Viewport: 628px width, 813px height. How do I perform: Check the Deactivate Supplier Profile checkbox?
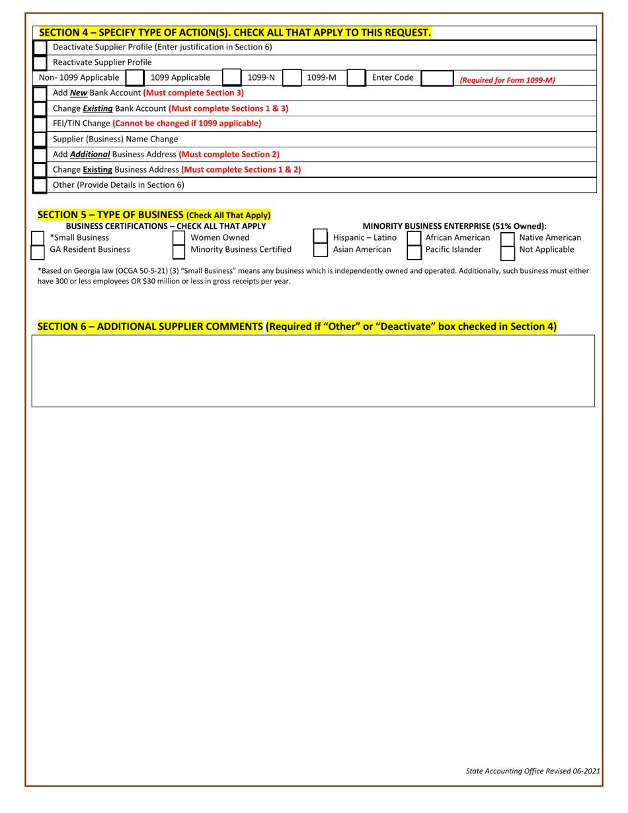[x=40, y=48]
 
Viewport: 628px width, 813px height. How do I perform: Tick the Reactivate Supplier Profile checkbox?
[x=40, y=63]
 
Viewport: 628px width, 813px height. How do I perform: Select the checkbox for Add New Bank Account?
[x=40, y=93]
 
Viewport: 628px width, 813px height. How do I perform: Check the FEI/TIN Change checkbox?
[x=40, y=124]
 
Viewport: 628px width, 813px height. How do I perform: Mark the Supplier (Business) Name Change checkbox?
[x=40, y=139]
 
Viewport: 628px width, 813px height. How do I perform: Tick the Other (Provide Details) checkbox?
[x=40, y=185]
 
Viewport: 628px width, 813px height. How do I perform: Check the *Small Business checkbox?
[x=38, y=238]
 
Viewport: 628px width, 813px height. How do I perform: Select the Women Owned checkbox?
[x=178, y=238]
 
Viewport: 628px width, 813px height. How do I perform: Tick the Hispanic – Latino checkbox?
[x=320, y=238]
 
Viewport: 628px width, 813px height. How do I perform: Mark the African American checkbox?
[x=414, y=238]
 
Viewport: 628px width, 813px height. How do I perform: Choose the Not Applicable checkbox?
[x=508, y=251]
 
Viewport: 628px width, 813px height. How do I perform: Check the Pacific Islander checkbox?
[x=414, y=251]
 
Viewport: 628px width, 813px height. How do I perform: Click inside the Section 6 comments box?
[x=313, y=371]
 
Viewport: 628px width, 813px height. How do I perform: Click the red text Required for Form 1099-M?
[x=507, y=80]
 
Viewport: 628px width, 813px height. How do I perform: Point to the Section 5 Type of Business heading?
[x=153, y=215]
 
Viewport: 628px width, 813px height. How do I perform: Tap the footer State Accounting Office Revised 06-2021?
[x=533, y=771]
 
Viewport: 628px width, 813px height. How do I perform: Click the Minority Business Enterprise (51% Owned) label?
[x=454, y=226]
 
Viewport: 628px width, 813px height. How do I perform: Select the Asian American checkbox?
[x=320, y=251]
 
